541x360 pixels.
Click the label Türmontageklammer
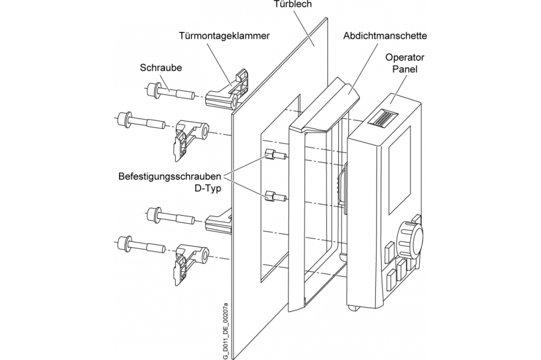coord(225,36)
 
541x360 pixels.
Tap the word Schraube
coord(161,68)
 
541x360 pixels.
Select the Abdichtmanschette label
coord(385,36)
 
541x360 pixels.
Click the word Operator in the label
coord(405,57)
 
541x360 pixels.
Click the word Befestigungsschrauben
coord(169,177)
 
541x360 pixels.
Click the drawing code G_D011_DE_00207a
coord(225,331)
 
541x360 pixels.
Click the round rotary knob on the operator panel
coord(410,238)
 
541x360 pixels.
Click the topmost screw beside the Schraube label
coord(169,92)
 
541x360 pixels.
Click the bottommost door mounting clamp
coord(192,263)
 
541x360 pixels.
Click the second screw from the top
coord(140,121)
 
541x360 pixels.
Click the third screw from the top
coord(169,216)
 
